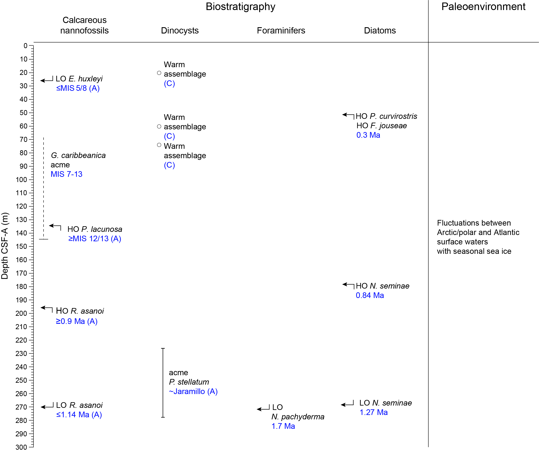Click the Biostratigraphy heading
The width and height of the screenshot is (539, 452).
240,7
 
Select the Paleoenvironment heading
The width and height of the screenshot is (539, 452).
483,7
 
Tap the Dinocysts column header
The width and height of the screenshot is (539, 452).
180,31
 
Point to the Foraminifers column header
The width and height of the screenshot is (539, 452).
281,31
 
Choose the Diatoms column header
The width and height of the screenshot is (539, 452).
380,31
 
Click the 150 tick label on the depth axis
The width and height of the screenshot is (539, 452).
22,247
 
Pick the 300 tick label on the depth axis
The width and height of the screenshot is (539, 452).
22,447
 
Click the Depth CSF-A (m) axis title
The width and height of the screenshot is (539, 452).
5,246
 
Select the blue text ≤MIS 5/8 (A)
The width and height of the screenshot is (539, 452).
78,88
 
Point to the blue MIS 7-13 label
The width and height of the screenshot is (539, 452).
67,174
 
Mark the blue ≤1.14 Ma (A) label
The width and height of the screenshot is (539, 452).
79,415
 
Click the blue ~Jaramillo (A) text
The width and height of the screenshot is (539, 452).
193,392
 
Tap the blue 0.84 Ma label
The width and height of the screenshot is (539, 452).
370,295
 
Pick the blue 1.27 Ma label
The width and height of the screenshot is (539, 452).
373,412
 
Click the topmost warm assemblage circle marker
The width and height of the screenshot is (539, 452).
159,73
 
